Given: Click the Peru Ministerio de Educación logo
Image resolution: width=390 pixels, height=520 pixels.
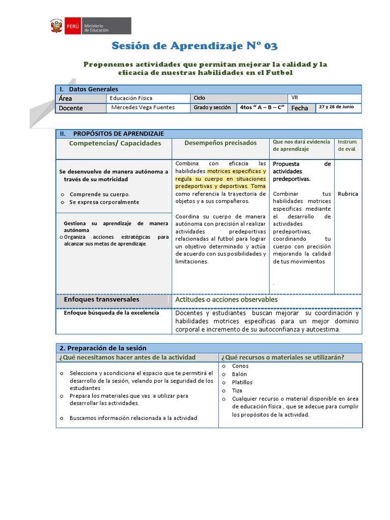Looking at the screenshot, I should pyautogui.click(x=90, y=26).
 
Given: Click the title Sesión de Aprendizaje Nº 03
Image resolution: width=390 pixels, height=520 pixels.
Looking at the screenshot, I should pyautogui.click(x=194, y=47).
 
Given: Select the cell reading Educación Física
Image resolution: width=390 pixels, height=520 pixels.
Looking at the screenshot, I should pyautogui.click(x=131, y=98).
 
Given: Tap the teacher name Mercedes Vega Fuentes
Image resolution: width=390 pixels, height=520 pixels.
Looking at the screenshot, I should pyautogui.click(x=142, y=108).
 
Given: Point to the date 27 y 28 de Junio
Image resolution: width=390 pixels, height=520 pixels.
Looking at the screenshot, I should pyautogui.click(x=339, y=107).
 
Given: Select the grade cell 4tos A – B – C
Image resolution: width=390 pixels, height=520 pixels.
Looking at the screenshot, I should pyautogui.click(x=262, y=108).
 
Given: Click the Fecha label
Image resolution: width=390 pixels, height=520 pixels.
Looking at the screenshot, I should pyautogui.click(x=300, y=108).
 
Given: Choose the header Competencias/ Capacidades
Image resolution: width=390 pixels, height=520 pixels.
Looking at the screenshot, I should pyautogui.click(x=115, y=143).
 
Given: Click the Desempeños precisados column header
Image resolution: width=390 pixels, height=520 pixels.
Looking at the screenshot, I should pyautogui.click(x=220, y=143).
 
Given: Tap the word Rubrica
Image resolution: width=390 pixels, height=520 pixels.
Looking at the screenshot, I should pyautogui.click(x=348, y=194).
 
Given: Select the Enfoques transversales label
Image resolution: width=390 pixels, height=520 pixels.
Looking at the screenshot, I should pyautogui.click(x=102, y=300).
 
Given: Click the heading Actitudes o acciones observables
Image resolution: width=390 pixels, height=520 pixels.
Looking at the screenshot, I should pyautogui.click(x=226, y=300).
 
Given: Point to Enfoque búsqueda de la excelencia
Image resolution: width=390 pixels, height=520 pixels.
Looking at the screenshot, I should pyautogui.click(x=111, y=313).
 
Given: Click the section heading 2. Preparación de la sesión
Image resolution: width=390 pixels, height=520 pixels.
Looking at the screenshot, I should pyautogui.click(x=103, y=348).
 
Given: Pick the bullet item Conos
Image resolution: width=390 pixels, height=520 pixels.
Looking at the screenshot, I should pyautogui.click(x=240, y=366).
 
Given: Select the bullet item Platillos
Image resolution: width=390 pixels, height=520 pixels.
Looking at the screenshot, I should pyautogui.click(x=242, y=382).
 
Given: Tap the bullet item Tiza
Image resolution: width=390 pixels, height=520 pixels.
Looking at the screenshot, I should pyautogui.click(x=238, y=391).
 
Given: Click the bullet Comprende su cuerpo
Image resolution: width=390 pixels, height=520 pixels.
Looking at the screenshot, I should pyautogui.click(x=100, y=194).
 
